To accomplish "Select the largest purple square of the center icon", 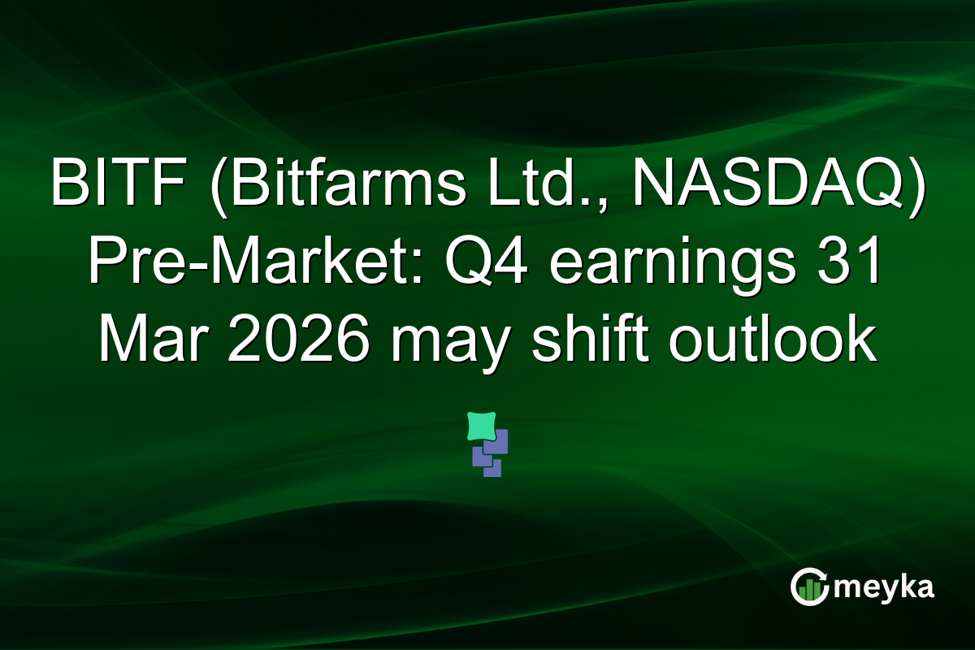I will click(x=496, y=441).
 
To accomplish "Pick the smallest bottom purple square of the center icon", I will click(x=492, y=468).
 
